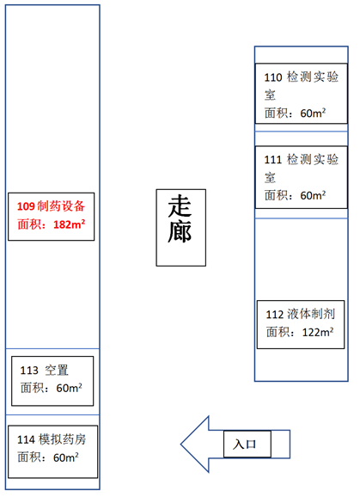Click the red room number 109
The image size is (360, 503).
[26, 206]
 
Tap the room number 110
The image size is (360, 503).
[273, 77]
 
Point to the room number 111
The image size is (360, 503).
[273, 159]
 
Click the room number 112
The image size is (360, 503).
[275, 315]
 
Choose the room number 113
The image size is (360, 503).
[29, 371]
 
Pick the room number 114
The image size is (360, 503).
[26, 439]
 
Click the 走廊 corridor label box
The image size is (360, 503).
[180, 228]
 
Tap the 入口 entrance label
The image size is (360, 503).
[244, 445]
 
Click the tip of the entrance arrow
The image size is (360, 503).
[180, 445]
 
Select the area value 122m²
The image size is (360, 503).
[318, 332]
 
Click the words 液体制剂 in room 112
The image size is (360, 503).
[311, 314]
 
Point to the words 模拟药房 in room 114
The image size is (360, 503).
[62, 439]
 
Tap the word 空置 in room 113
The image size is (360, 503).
[57, 371]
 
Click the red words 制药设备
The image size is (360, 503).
[61, 206]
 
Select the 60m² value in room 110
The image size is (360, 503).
[313, 113]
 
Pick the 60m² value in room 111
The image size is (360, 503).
[313, 195]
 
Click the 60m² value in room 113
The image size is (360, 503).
[69, 388]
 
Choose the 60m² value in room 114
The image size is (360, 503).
[65, 457]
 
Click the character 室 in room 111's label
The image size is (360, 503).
[271, 177]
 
